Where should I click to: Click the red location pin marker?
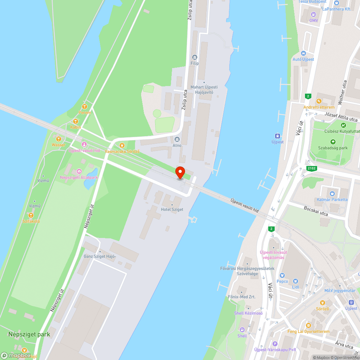point(180,172)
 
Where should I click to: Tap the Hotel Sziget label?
point(172,210)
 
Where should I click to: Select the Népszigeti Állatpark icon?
point(79,171)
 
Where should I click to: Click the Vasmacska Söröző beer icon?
point(122,145)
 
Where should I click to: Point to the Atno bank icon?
point(177,139)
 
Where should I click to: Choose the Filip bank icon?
point(195,57)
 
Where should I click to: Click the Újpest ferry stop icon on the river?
point(278,136)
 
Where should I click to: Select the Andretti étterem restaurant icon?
point(319,101)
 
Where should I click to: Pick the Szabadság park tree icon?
point(333,142)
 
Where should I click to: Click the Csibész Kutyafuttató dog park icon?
point(343,125)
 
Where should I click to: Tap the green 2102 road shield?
point(311,168)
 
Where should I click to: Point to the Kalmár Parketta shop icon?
point(332,193)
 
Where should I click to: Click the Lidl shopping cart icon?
point(296,281)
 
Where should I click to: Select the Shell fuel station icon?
point(242,329)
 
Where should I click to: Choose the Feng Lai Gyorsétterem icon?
point(308,325)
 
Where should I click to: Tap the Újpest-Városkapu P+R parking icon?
point(275,344)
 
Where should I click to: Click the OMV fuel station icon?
point(314,14)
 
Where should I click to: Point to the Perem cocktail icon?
point(84,107)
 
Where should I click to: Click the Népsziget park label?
point(29,334)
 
